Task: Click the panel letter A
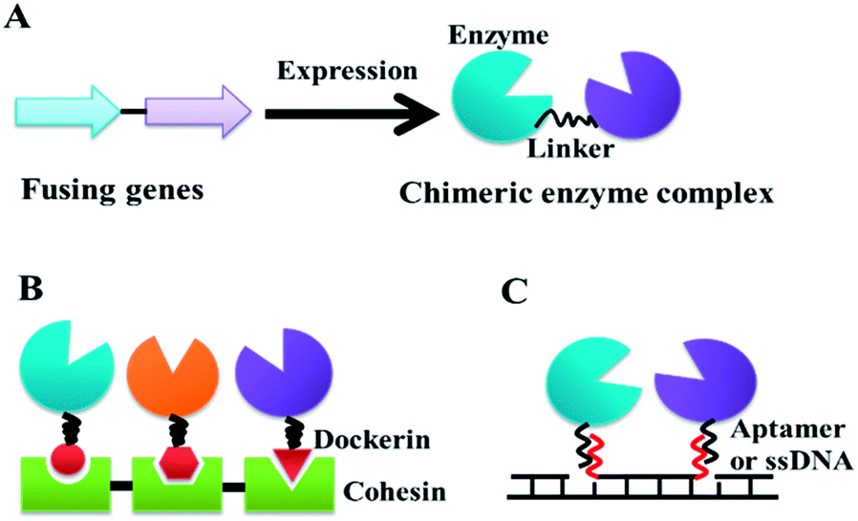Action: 22,22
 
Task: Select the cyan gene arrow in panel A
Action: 68,112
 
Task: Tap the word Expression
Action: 349,71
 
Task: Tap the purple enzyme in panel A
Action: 638,95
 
